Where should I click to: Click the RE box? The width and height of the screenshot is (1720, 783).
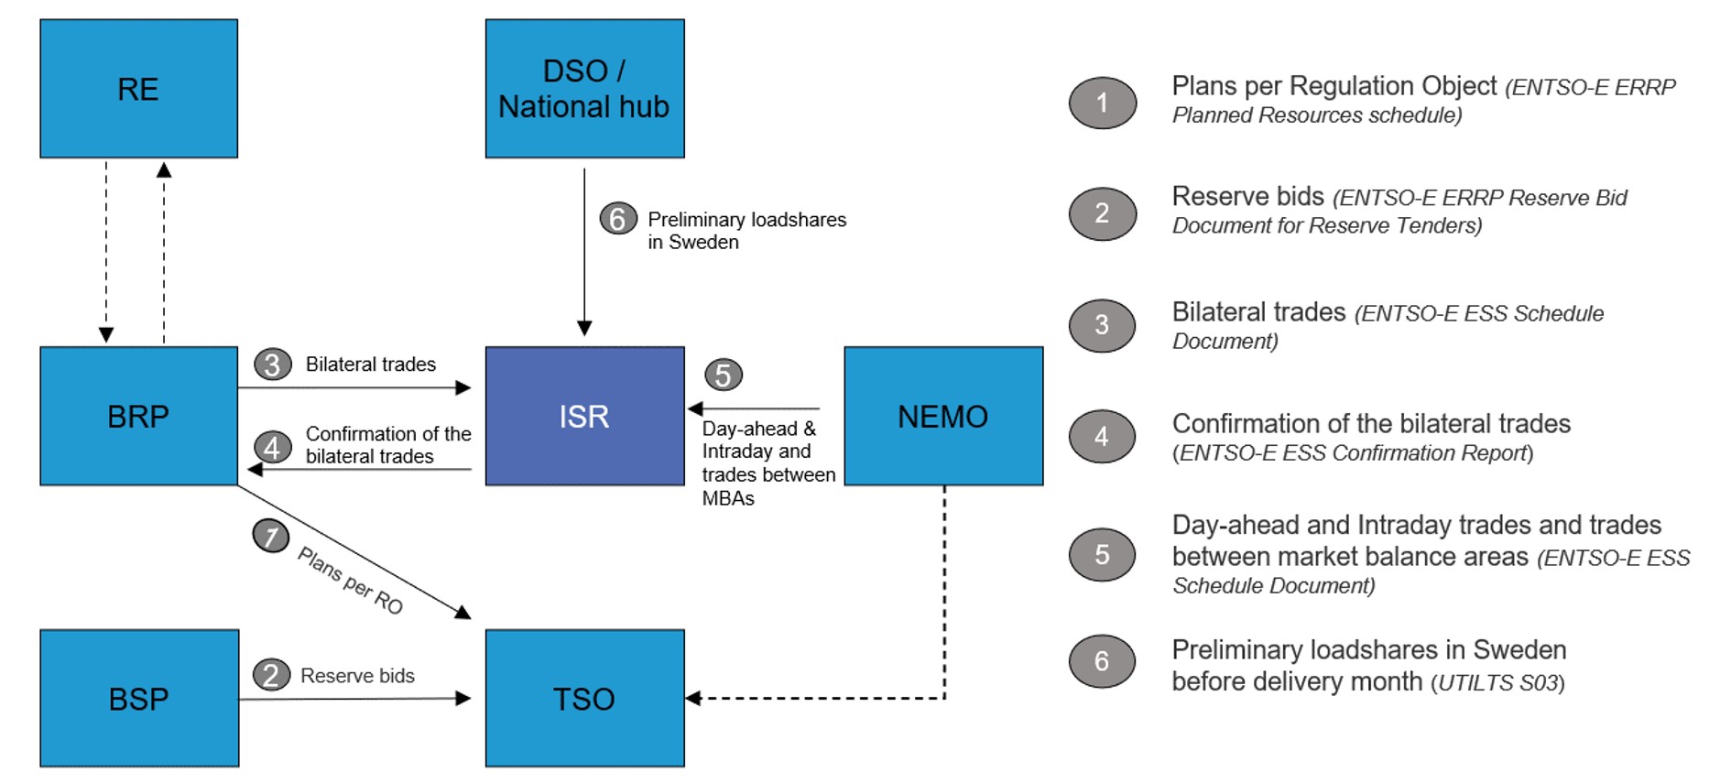[x=138, y=88]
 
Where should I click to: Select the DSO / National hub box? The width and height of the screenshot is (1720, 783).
[x=584, y=88]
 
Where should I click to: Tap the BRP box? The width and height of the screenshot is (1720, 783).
[x=138, y=416]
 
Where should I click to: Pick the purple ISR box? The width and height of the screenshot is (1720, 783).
[x=584, y=416]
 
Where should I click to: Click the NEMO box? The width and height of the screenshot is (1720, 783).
[x=943, y=416]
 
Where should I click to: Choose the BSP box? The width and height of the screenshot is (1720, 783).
[x=139, y=698]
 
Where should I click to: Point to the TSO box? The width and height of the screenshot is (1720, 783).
[x=584, y=698]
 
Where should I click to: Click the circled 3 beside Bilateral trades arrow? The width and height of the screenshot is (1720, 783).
[x=272, y=364]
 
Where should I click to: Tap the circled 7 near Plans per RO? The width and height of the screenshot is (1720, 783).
[x=271, y=536]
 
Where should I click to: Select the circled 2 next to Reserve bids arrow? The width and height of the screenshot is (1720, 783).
[x=271, y=675]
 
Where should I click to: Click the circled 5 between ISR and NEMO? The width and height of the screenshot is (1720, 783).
[x=723, y=375]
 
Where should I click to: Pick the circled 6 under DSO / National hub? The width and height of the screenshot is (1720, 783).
[x=618, y=219]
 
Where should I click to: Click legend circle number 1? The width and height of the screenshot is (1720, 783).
[x=1103, y=103]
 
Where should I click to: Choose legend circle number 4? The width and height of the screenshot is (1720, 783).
[x=1103, y=437]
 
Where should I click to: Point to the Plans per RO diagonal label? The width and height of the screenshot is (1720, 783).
[x=351, y=581]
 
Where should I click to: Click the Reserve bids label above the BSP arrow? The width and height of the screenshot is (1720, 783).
[x=357, y=676]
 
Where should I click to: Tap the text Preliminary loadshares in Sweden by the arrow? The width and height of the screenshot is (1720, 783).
[x=747, y=231]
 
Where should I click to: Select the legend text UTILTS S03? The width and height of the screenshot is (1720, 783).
[x=1498, y=683]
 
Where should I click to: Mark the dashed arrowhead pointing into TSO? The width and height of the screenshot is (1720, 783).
[x=693, y=699]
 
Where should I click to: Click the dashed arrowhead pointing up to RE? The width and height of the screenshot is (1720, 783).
[x=164, y=169]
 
